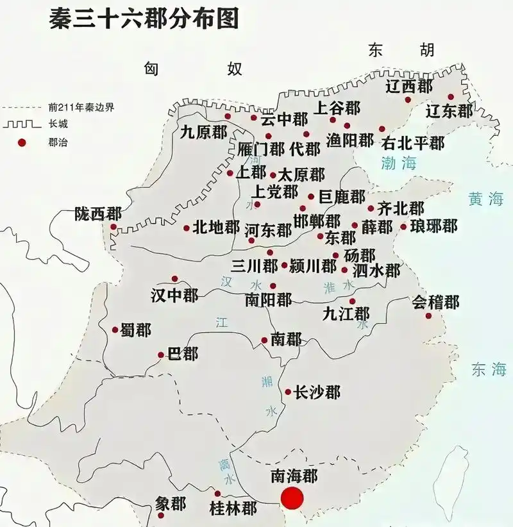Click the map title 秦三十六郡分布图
pos(144,19)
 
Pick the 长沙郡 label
pos(317,392)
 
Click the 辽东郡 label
pos(450,111)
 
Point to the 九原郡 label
pos(203,133)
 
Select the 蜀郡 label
pos(135,330)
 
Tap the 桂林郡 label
pos(233,508)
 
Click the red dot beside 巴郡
pos(161,355)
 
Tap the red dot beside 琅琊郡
pos(403,226)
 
